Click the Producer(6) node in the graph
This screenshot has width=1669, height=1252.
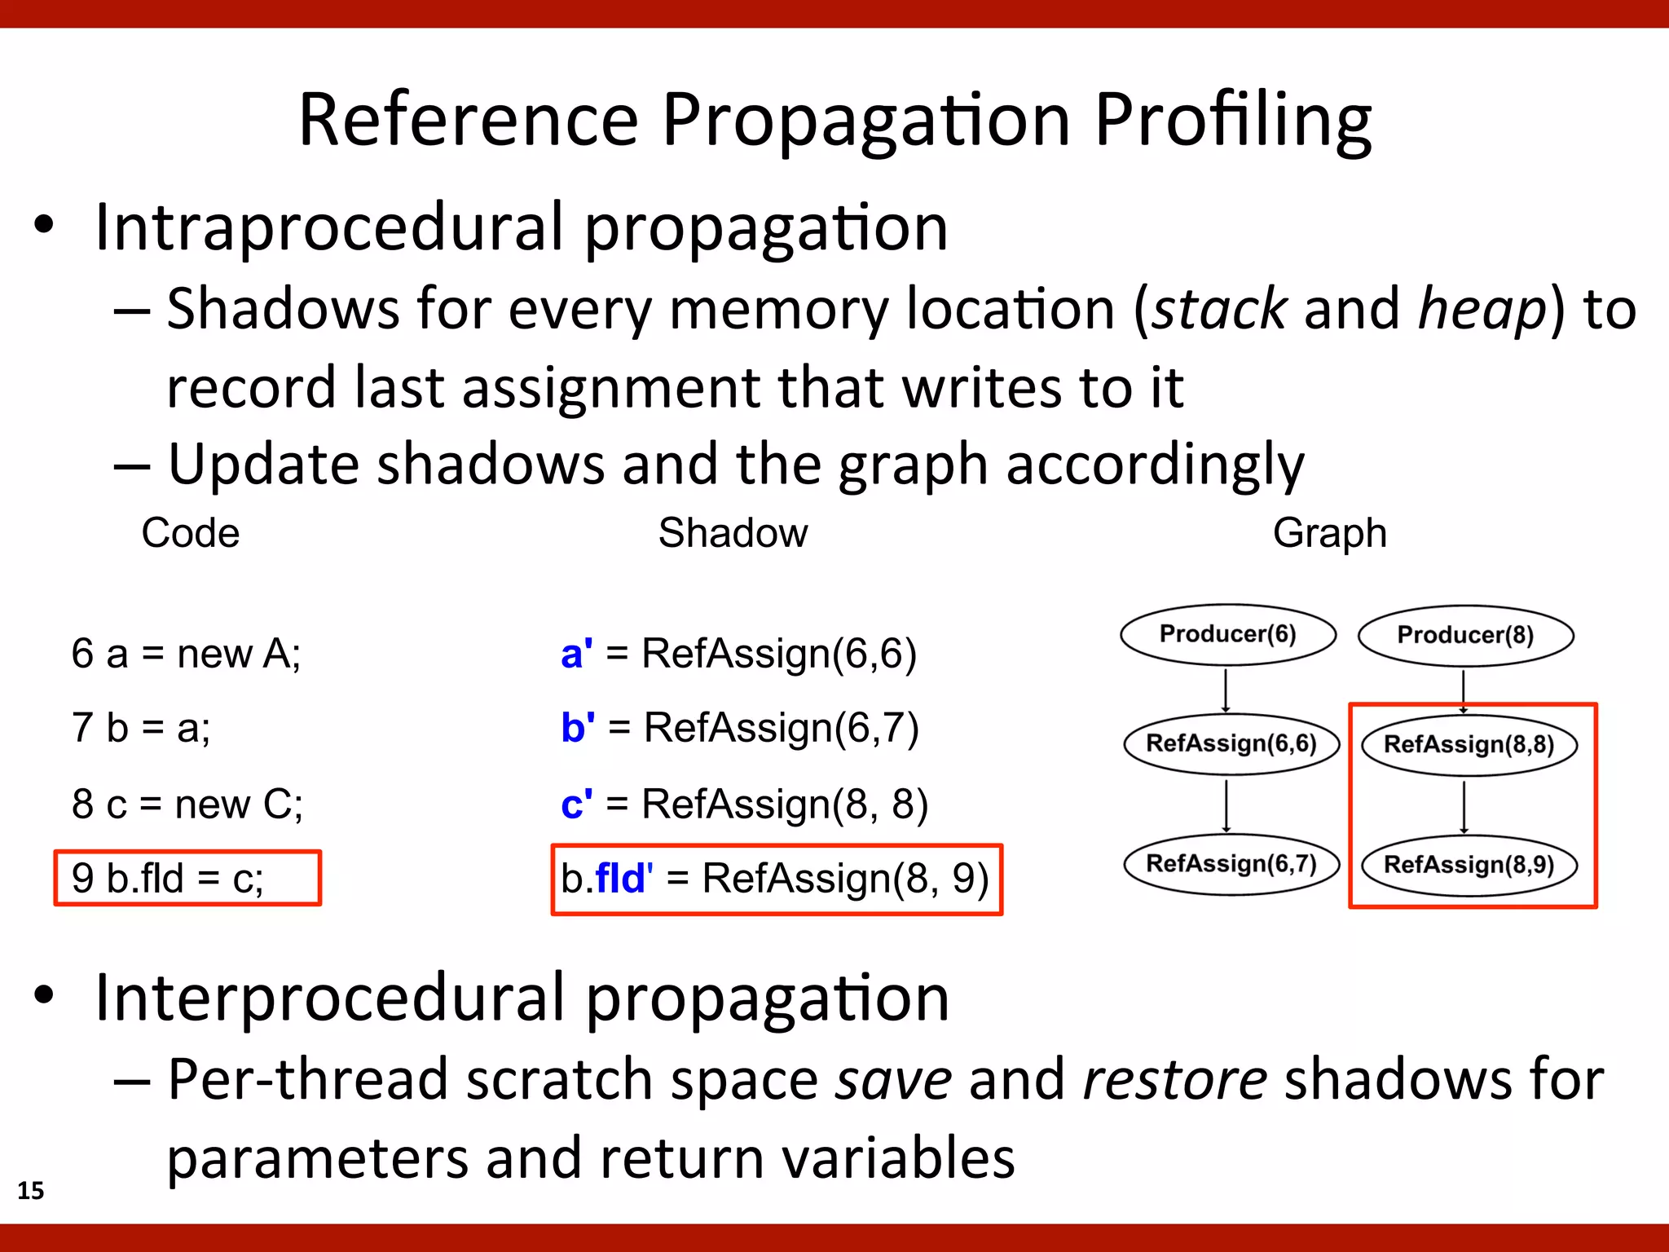pos(1227,634)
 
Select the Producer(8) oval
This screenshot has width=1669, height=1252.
pos(1465,635)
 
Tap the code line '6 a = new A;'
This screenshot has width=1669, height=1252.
pos(186,653)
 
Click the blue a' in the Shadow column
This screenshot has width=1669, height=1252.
pos(576,653)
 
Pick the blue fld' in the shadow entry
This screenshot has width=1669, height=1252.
pos(623,878)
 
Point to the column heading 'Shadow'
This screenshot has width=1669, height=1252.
pos(733,533)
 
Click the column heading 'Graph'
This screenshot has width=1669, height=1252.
pos(1329,533)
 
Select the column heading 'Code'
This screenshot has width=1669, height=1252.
pos(191,533)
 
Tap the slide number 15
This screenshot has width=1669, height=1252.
pos(31,1190)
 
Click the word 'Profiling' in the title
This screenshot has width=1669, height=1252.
pos(1232,121)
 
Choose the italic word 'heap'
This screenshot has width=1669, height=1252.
pos(1482,309)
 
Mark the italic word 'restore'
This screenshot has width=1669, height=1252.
pos(1174,1079)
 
